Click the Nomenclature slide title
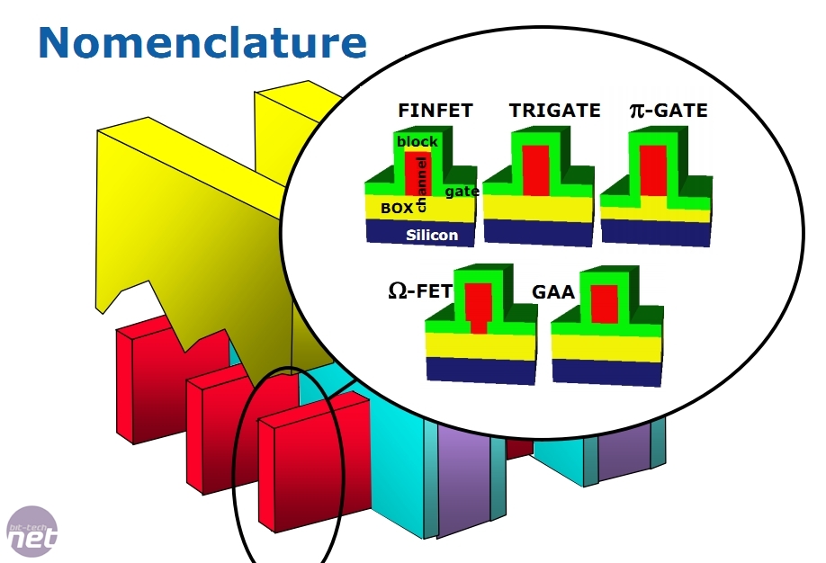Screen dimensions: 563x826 [x=202, y=42]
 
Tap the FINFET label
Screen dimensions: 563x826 [x=435, y=112]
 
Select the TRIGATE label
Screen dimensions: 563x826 [x=554, y=111]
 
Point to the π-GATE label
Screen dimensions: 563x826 [x=668, y=111]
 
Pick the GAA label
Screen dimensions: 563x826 [x=553, y=292]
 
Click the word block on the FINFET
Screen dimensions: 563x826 [x=417, y=141]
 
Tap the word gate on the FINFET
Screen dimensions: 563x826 [x=462, y=191]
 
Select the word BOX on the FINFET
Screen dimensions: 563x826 [x=396, y=208]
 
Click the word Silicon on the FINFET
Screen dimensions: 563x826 [x=432, y=235]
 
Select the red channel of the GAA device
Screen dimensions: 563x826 [x=604, y=304]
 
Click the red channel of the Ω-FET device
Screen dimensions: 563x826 [x=478, y=306]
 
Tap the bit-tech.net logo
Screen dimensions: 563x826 [x=31, y=532]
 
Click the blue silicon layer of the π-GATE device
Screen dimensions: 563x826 [x=652, y=232]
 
